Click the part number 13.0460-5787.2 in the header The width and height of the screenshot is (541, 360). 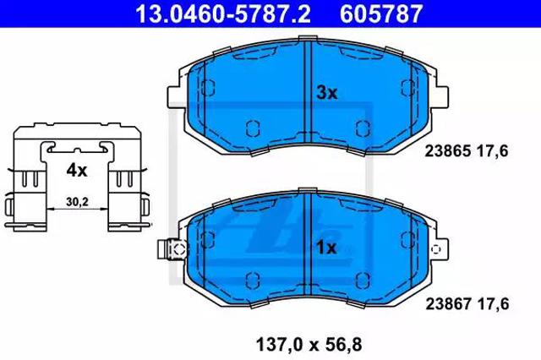(223, 14)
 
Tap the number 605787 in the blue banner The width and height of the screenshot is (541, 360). (381, 14)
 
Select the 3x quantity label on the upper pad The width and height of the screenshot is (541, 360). (327, 92)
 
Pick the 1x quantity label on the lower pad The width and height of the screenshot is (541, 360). (326, 248)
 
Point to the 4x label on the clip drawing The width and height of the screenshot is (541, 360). (77, 170)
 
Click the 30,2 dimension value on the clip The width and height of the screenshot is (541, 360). (77, 202)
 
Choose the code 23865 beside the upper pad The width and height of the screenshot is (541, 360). (447, 151)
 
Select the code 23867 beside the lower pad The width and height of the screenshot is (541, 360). (448, 303)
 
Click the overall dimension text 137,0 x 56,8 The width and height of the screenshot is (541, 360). (309, 345)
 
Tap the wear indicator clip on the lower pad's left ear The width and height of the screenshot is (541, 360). (172, 248)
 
